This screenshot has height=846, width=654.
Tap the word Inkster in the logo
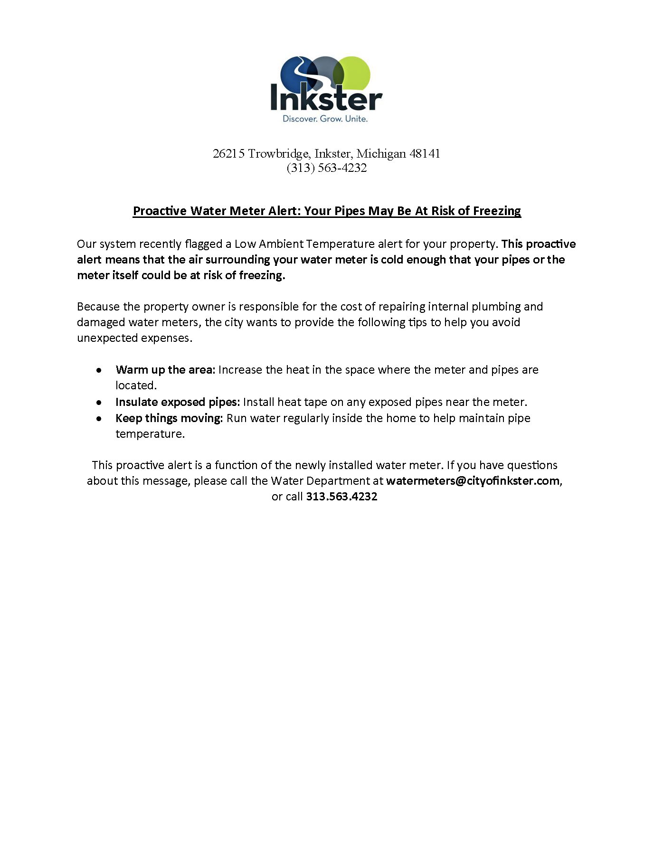tap(326, 99)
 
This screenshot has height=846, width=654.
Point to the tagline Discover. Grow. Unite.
tap(325, 119)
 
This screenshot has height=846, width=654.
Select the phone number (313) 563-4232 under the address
tap(327, 168)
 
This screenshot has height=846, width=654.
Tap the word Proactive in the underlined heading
tap(160, 211)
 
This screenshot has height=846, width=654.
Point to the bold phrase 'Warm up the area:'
tap(165, 370)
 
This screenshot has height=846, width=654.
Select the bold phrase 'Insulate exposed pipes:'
tap(178, 402)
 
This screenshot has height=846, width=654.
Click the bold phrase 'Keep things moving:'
tap(169, 418)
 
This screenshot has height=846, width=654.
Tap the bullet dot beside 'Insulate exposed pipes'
tap(99, 403)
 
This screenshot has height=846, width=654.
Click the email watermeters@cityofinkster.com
tap(473, 481)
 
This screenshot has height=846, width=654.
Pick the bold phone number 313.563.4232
tap(341, 497)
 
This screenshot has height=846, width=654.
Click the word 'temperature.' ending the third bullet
tap(150, 434)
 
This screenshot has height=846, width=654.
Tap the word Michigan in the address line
tap(381, 154)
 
